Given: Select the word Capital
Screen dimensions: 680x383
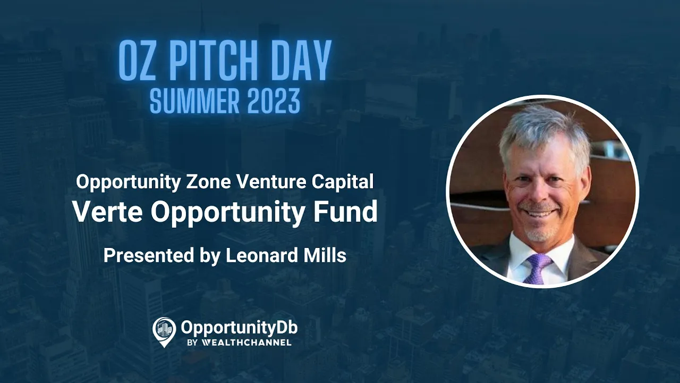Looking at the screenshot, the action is [x=343, y=182].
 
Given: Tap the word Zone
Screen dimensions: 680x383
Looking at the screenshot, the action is [x=209, y=182].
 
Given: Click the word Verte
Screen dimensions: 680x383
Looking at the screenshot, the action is [x=108, y=211].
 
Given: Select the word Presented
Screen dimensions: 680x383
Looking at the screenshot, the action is [x=149, y=255].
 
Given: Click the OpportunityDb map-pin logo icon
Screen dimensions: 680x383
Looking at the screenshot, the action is [x=164, y=332].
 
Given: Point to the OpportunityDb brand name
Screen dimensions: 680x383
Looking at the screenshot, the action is [x=239, y=328].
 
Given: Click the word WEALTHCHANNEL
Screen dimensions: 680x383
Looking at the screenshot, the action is [x=246, y=343].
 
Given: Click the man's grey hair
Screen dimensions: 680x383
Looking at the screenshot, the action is [x=540, y=131].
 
